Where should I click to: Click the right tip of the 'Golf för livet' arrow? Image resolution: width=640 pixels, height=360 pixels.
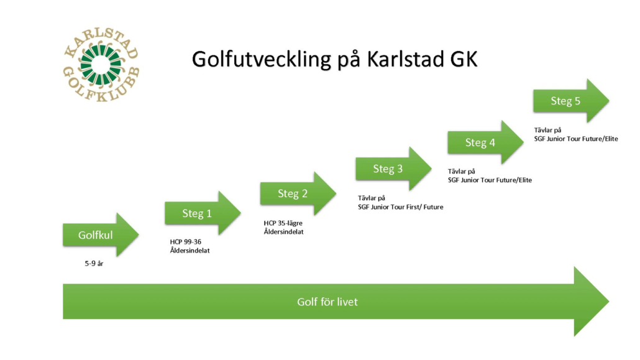[609, 302]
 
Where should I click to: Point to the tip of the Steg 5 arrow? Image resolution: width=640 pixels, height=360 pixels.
[609, 101]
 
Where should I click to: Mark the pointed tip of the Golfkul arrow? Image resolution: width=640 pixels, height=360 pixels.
[139, 234]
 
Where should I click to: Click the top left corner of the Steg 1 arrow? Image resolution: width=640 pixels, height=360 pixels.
[165, 202]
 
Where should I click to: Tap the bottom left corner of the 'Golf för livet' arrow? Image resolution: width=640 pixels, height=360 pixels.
[63, 319]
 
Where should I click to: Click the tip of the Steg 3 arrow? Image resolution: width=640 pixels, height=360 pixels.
[431, 168]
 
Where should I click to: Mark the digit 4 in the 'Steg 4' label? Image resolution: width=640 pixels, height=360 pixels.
[492, 142]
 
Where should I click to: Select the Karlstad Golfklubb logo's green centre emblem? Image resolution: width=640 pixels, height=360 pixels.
[101, 65]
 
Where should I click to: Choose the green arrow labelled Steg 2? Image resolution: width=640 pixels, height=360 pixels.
[298, 193]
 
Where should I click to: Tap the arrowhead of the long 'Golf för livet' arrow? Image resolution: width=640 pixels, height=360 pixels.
[592, 302]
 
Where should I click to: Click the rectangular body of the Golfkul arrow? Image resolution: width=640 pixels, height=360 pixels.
[90, 234]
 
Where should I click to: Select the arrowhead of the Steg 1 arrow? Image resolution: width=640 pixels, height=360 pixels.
[229, 213]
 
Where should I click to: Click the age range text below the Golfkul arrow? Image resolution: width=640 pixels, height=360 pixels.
[94, 264]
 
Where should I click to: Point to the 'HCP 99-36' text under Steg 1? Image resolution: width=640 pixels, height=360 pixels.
[186, 242]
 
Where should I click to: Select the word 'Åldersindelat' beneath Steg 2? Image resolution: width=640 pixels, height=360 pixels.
[284, 232]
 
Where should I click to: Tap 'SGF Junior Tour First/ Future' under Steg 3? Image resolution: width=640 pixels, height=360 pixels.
[400, 207]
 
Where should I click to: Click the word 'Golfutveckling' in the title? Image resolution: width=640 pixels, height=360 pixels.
[261, 60]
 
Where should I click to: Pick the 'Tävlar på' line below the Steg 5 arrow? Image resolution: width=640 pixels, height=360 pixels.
[548, 130]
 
